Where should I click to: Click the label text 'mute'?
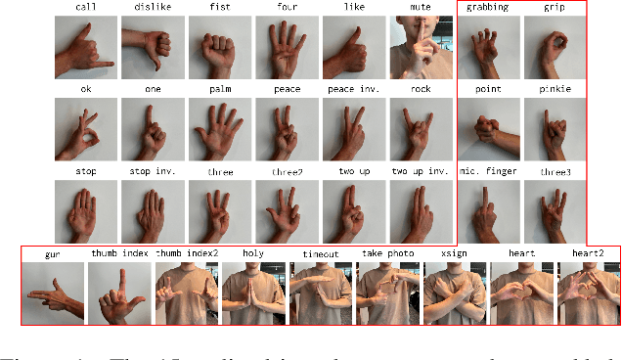(422, 9)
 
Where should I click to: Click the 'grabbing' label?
(487, 9)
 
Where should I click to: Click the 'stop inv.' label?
(153, 172)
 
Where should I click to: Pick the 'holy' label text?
(252, 253)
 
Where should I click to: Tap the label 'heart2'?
(589, 253)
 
